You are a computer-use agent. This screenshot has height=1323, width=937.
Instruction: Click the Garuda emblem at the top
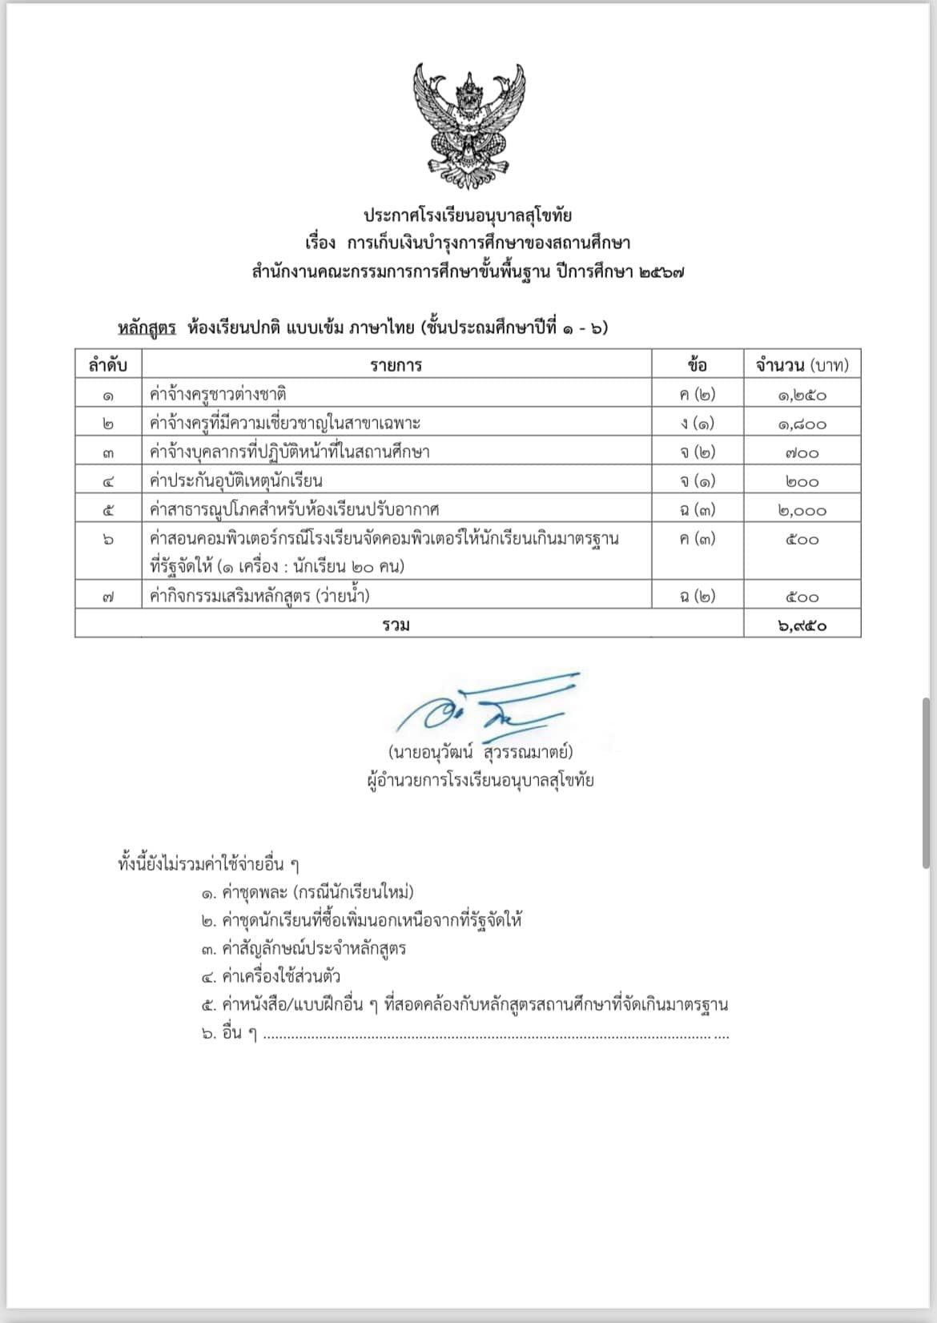click(x=468, y=120)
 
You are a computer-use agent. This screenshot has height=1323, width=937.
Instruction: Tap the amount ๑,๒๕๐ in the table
click(x=802, y=395)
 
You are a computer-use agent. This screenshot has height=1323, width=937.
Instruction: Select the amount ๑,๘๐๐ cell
click(x=802, y=424)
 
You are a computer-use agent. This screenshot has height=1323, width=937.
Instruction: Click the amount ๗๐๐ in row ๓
click(x=802, y=452)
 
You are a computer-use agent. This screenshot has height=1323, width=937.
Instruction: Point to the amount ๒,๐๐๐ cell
click(x=802, y=510)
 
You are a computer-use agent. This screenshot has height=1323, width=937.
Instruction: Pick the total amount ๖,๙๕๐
click(x=802, y=625)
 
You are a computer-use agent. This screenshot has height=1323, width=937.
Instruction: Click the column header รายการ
click(x=396, y=366)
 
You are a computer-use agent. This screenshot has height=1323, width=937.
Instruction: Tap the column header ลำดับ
click(x=108, y=366)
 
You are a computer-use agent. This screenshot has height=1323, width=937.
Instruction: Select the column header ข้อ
click(x=697, y=366)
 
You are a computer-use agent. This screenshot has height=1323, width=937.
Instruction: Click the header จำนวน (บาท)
click(x=802, y=366)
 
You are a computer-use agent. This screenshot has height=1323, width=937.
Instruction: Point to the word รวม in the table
click(x=396, y=625)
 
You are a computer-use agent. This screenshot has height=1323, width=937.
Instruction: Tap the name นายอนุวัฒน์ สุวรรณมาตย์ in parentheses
click(x=480, y=753)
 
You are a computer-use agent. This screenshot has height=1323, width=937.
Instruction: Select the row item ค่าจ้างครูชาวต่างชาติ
click(x=219, y=395)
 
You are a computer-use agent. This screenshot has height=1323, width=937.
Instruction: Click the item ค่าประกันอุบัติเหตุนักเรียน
click(x=236, y=481)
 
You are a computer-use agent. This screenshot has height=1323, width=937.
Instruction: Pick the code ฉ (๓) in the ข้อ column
click(x=697, y=510)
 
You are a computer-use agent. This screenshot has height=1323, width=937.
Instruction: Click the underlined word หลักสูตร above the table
click(x=147, y=328)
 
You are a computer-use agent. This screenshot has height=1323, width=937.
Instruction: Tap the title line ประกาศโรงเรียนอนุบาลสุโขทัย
click(x=468, y=215)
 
